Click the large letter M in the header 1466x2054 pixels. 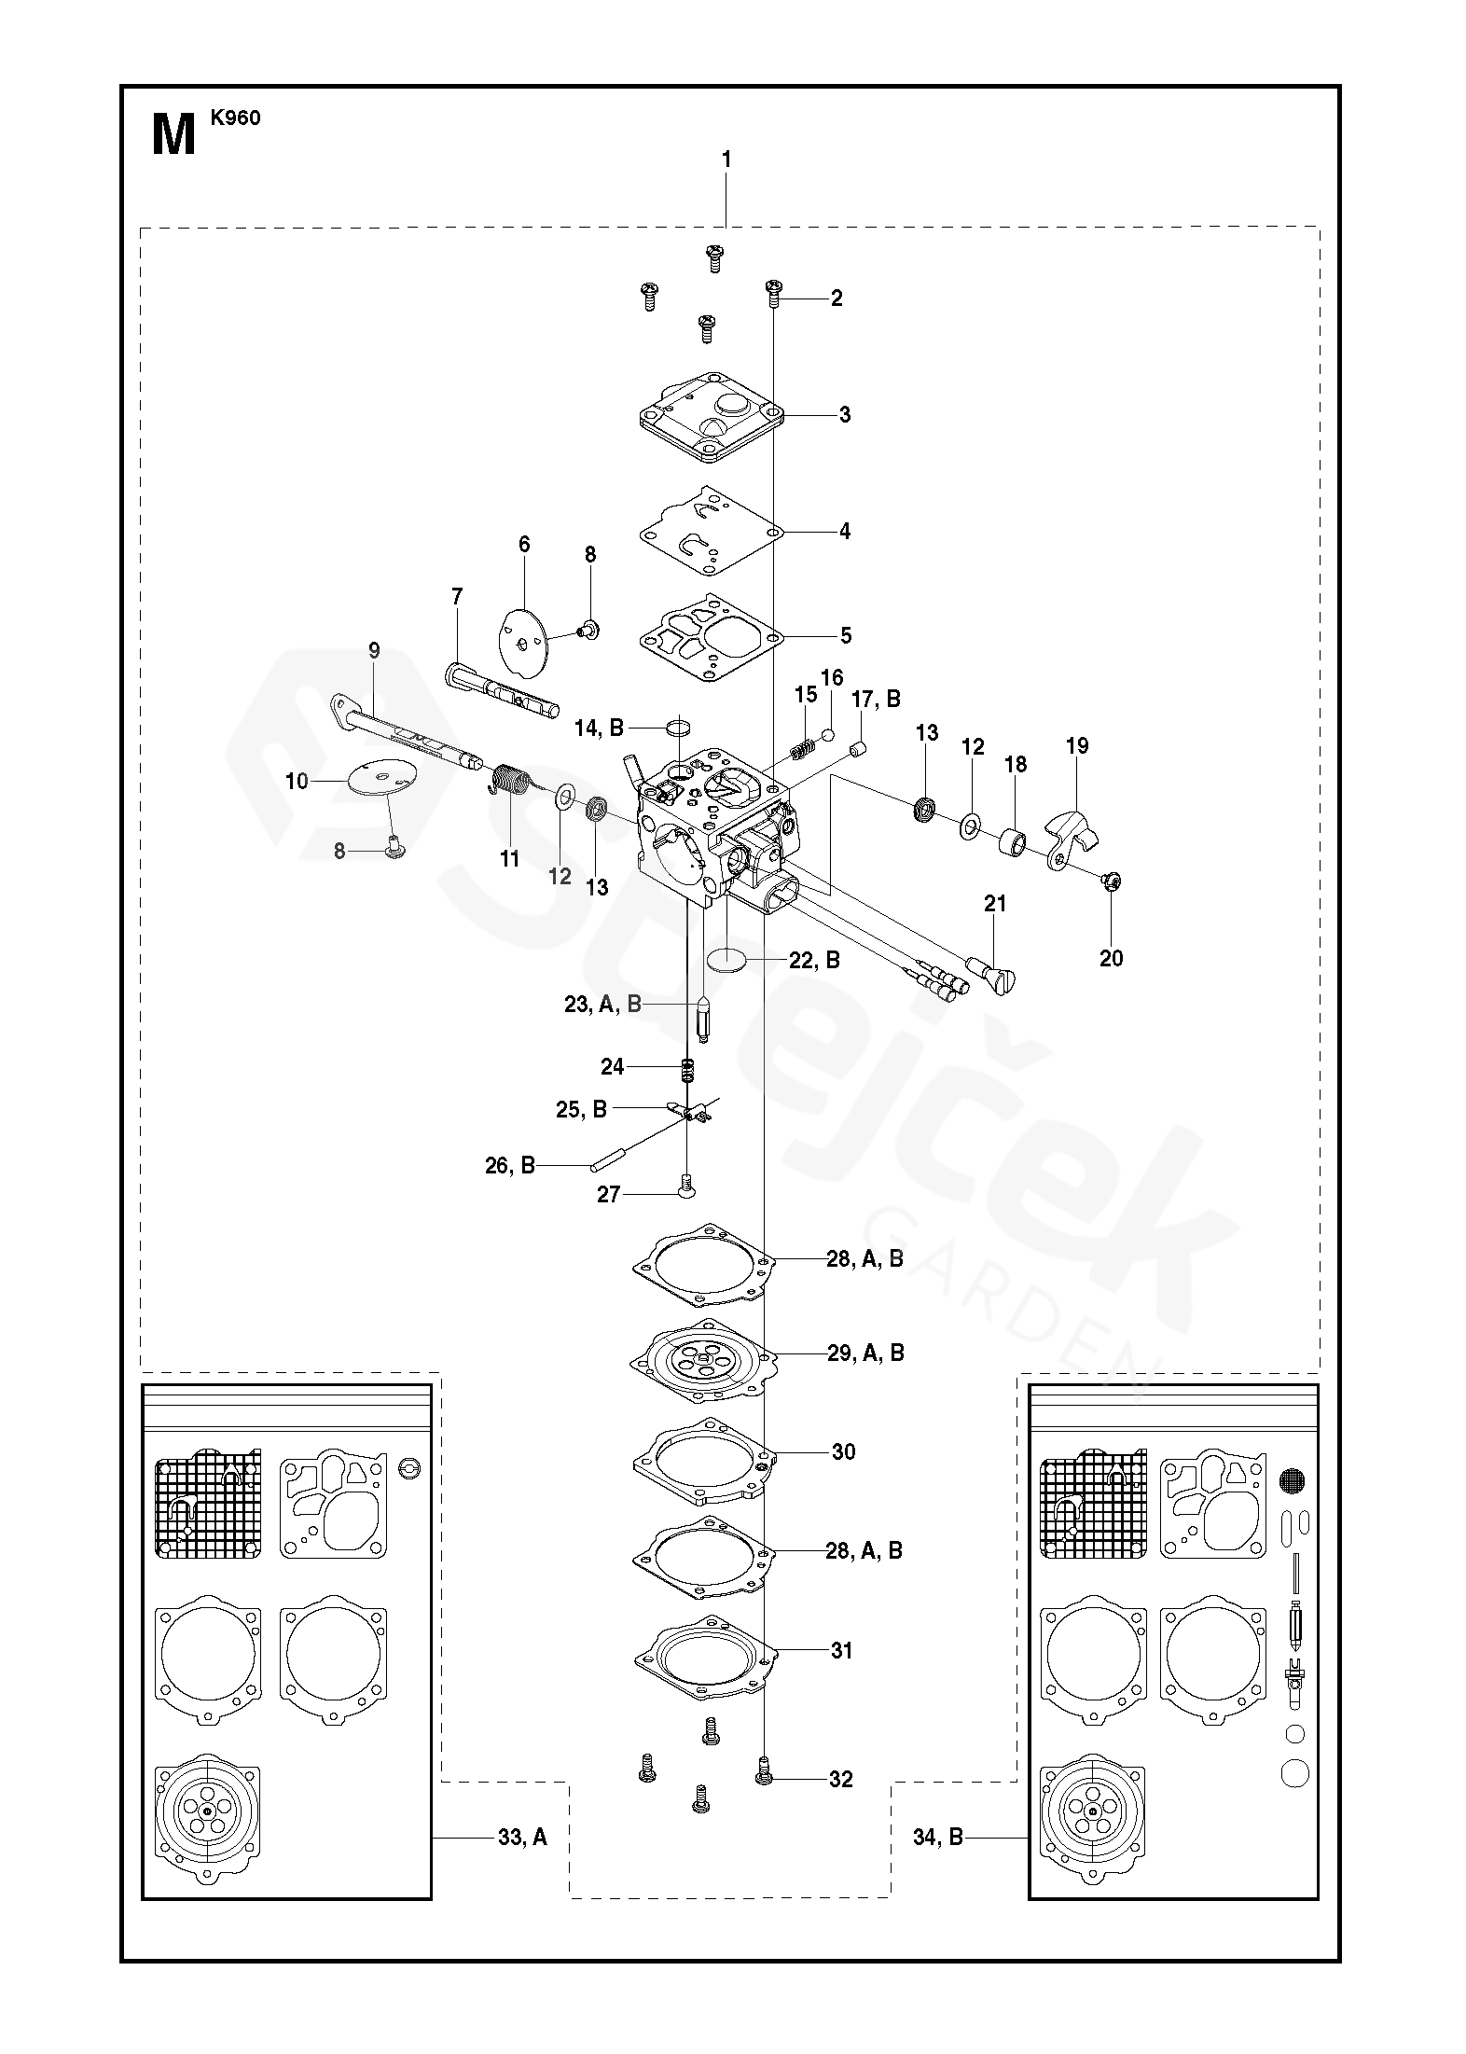[x=173, y=135]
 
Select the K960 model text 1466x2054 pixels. [x=235, y=118]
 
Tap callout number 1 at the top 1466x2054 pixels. [x=726, y=160]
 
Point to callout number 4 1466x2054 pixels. [x=845, y=532]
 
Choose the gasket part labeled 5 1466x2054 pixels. [x=710, y=636]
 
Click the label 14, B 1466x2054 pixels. [x=599, y=728]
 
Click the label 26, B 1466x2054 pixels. [x=510, y=1165]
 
